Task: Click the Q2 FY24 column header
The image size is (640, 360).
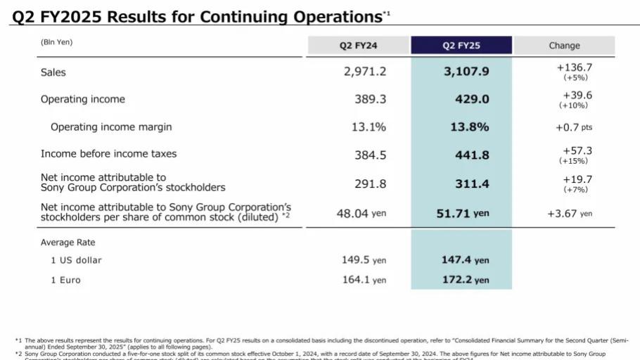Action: point(359,46)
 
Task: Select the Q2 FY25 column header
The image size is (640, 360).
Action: point(461,46)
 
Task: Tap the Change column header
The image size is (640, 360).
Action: point(564,46)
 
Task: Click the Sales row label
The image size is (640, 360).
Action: point(53,72)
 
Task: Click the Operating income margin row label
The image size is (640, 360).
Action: point(111,127)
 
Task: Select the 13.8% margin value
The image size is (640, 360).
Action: point(470,127)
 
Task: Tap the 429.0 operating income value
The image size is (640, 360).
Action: point(472,100)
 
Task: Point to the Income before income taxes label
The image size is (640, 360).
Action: point(108,153)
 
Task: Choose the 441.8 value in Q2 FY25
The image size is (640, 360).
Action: point(472,155)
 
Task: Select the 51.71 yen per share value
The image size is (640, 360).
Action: point(463,213)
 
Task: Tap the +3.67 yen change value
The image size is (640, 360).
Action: point(570,213)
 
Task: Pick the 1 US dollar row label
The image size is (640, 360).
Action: point(76,260)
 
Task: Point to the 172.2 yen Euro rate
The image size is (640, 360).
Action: point(465,280)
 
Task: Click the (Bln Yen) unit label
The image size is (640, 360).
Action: point(56,42)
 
